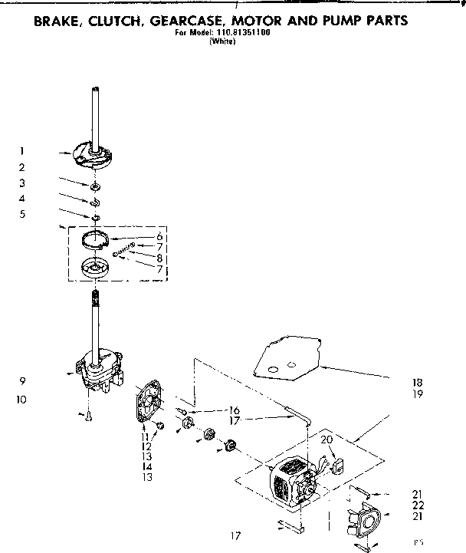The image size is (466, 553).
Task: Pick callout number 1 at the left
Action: click(x=23, y=151)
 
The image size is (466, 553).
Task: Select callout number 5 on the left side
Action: click(x=23, y=214)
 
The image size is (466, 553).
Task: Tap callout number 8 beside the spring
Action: click(x=159, y=258)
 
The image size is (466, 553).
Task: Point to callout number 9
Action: click(x=23, y=381)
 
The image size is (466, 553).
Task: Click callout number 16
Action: click(x=235, y=410)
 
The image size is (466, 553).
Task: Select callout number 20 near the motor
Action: click(x=325, y=439)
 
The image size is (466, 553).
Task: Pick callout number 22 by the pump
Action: click(x=418, y=505)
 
